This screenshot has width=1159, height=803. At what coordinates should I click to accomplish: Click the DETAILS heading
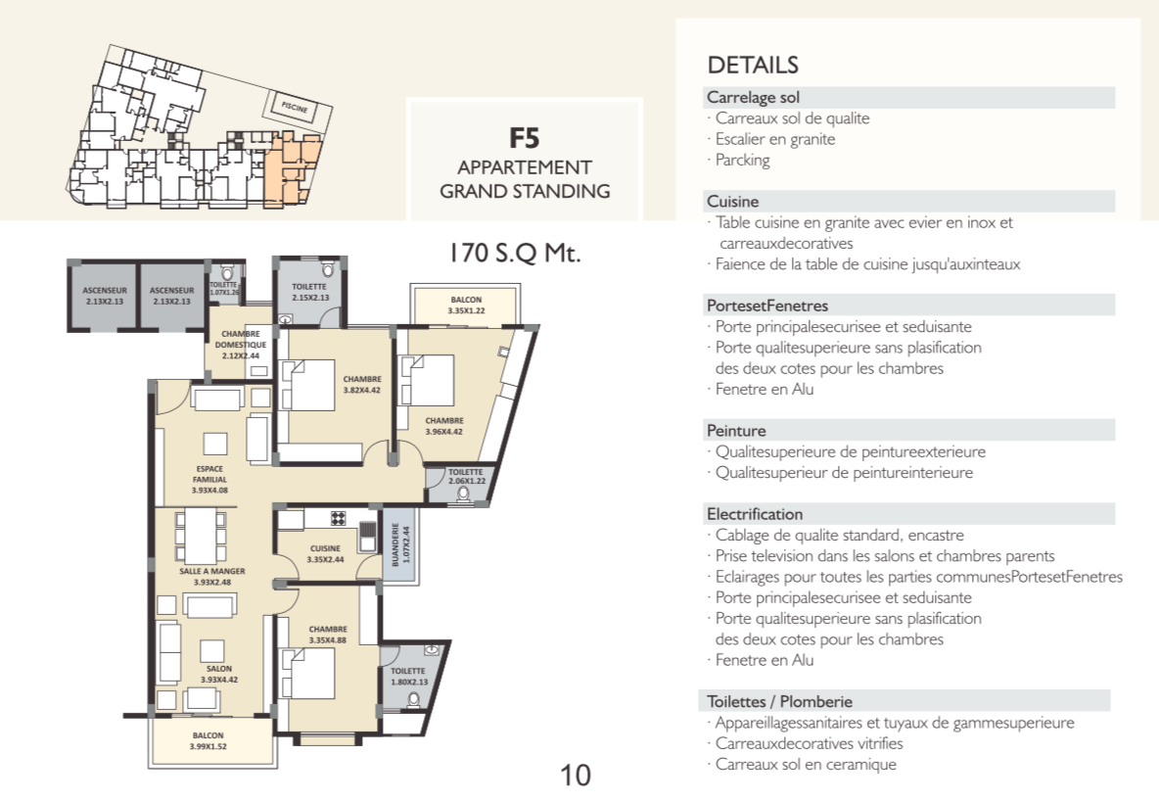click(x=753, y=65)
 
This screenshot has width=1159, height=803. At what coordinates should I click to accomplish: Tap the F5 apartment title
click(x=524, y=138)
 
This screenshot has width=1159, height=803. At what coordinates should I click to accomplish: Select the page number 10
click(x=575, y=775)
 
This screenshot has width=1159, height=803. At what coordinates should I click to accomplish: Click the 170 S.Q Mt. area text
click(x=515, y=253)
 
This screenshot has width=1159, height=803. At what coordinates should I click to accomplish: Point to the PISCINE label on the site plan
click(x=295, y=107)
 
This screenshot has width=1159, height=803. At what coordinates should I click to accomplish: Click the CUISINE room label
click(x=325, y=554)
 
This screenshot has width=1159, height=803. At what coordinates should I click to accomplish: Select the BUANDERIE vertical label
click(x=400, y=544)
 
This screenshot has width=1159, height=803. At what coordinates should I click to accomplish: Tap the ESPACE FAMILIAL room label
click(x=209, y=479)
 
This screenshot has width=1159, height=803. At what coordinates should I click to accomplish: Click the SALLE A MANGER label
click(x=212, y=577)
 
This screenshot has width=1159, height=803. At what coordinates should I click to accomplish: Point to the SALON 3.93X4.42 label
click(x=219, y=674)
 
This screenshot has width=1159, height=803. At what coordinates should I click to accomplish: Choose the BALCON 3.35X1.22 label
click(x=466, y=305)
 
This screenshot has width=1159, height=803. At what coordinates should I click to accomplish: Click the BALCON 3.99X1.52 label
click(x=208, y=741)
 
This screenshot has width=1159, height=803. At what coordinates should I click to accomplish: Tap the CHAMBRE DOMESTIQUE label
click(x=241, y=345)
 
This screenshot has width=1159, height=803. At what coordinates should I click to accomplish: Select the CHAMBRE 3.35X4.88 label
click(x=328, y=635)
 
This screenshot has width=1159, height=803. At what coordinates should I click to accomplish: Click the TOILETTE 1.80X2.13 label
click(x=409, y=677)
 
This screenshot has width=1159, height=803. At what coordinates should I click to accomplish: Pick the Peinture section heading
click(x=736, y=430)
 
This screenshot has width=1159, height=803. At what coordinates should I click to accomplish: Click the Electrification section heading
click(x=755, y=514)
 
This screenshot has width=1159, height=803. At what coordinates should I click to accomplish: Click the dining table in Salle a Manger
click(x=201, y=536)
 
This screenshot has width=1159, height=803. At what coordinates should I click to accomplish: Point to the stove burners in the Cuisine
click(x=338, y=518)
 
